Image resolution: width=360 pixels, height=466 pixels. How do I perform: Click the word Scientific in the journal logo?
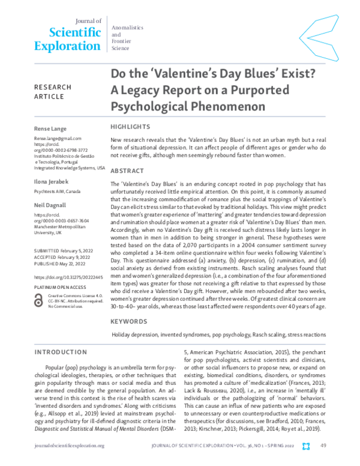point(67,32)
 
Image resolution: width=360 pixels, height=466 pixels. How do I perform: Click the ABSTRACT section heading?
point(127,171)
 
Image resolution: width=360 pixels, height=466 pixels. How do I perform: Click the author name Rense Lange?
point(52,129)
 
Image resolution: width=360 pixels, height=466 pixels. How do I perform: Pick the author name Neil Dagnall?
point(51,205)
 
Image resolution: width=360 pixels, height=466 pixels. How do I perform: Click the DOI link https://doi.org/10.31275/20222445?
point(68,277)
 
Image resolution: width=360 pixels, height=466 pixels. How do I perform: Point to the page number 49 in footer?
point(323,446)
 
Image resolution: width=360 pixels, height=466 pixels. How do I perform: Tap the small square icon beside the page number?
point(306,446)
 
